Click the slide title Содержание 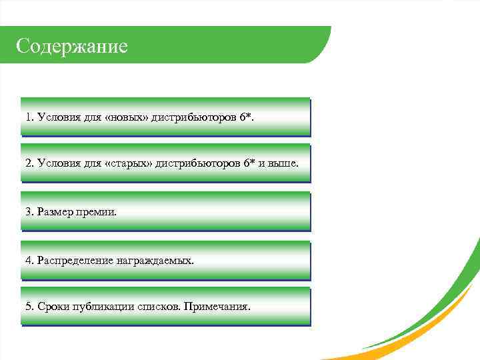tap(71, 46)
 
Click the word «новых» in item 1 tap(127, 117)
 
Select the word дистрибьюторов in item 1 tap(194, 117)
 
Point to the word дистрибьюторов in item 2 tap(198, 163)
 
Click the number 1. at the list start tap(29, 117)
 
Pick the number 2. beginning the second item tap(29, 163)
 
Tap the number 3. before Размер tap(29, 211)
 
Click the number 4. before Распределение tap(29, 260)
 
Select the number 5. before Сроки tap(29, 307)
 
